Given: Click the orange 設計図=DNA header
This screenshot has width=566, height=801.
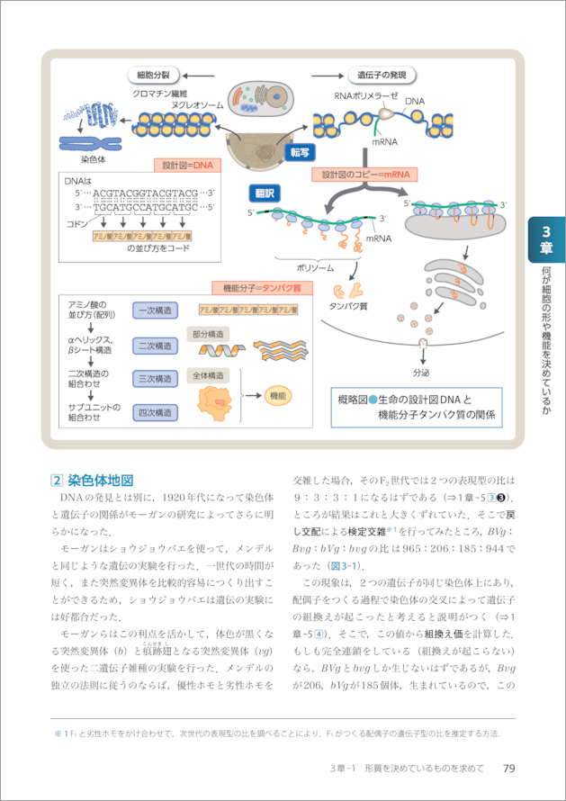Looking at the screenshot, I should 187,166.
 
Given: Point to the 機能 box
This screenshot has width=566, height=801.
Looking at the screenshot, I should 277,395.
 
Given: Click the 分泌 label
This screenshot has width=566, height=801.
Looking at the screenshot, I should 423,372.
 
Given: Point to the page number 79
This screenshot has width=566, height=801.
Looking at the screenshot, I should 508,768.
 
